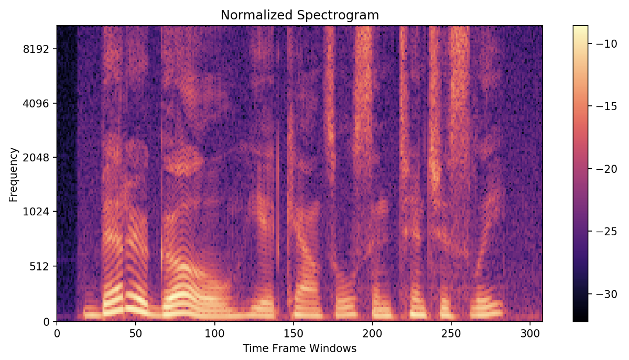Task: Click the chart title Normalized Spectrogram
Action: tap(299, 16)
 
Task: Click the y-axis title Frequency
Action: tap(14, 174)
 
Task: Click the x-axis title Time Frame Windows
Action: tap(299, 348)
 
